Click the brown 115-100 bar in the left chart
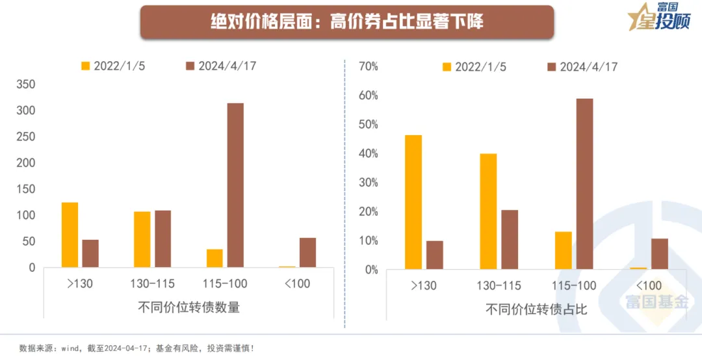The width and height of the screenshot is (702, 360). click(x=235, y=185)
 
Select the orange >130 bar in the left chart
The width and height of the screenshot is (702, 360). click(x=70, y=235)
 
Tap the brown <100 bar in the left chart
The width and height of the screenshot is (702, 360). click(x=307, y=252)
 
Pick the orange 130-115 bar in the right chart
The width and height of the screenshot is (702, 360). click(x=488, y=211)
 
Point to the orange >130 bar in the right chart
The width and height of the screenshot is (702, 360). click(x=413, y=201)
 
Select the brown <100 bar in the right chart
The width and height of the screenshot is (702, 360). click(x=659, y=253)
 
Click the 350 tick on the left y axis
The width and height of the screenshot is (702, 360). click(x=25, y=84)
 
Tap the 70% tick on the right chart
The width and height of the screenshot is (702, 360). click(x=368, y=66)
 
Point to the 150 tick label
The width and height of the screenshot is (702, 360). click(x=25, y=189)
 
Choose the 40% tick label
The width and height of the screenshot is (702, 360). click(x=368, y=154)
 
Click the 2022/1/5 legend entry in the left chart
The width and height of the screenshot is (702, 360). click(x=111, y=66)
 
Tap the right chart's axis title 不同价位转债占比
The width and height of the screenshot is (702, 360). click(x=536, y=309)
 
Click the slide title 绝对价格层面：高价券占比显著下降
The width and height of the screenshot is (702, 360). click(x=347, y=22)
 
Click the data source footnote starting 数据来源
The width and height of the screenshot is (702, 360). click(x=136, y=348)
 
